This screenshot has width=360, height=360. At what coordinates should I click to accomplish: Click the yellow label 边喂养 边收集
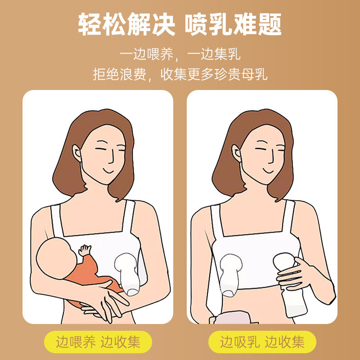(98, 342)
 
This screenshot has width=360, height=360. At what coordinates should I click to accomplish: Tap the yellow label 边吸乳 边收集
(262, 342)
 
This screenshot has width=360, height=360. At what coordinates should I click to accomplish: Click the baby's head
(56, 258)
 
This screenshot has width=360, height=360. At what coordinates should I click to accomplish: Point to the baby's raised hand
(85, 250)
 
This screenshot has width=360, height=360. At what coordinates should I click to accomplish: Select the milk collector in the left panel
(127, 274)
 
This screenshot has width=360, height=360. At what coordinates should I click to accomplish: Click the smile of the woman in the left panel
(108, 171)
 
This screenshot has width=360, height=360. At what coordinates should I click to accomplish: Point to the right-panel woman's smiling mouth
(268, 171)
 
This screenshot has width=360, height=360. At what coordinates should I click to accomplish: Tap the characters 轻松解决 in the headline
(126, 24)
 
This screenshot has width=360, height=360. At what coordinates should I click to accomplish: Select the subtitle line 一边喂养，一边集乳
(180, 54)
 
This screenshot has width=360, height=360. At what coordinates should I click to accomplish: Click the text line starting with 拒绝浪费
(180, 74)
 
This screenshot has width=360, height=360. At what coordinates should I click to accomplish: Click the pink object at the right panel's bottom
(232, 318)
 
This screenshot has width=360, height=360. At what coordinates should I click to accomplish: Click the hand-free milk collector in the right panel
(230, 275)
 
